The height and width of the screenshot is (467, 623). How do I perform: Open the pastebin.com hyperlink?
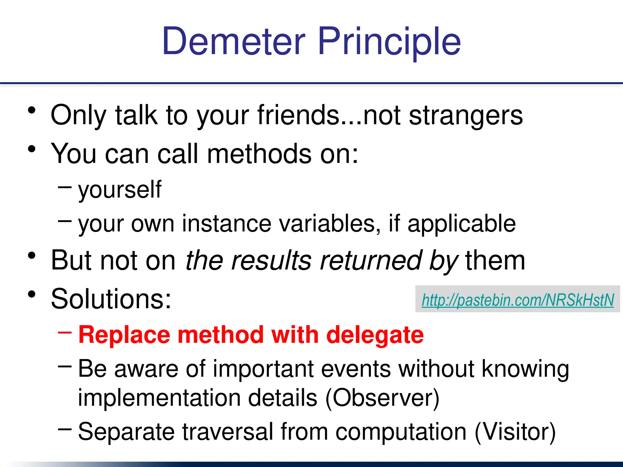pyautogui.click(x=518, y=300)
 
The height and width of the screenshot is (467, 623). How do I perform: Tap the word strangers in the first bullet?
pyautogui.click(x=466, y=116)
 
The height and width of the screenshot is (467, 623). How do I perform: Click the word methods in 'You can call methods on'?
pyautogui.click(x=259, y=154)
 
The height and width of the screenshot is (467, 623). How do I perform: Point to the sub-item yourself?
pyautogui.click(x=120, y=190)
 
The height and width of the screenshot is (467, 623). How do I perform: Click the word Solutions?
pyautogui.click(x=111, y=299)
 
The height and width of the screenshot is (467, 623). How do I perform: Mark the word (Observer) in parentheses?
pyautogui.click(x=382, y=398)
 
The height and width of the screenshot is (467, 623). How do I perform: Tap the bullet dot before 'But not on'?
pyautogui.click(x=32, y=256)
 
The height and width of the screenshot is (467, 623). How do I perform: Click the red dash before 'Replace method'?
pyautogui.click(x=65, y=333)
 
